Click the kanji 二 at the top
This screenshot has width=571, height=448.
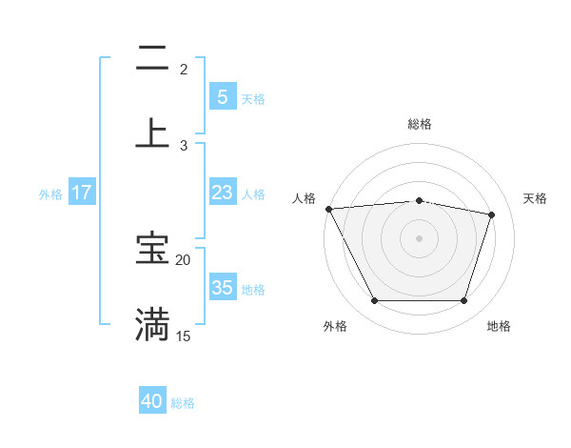coord(152,58)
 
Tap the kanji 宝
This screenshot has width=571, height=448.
coord(152,249)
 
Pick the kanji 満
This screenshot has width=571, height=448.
coord(152,324)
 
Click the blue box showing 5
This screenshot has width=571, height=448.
coord(222,96)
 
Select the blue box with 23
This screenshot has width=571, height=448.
coord(222,193)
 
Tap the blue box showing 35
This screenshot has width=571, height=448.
coord(222,288)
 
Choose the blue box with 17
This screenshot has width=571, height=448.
coord(82,193)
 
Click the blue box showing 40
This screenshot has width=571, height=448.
coord(152,402)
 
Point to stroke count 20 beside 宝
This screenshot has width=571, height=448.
coord(184,259)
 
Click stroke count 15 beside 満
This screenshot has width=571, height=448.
coord(184,336)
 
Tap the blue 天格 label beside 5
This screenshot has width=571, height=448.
coord(253,98)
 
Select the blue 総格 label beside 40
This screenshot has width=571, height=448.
coord(184,403)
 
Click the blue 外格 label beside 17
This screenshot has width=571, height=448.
coord(50,193)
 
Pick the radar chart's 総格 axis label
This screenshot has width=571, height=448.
coord(420,124)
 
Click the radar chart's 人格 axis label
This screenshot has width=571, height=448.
coord(305,198)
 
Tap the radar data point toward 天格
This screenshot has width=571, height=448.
coord(492,214)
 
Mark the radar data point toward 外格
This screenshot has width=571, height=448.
coord(374,301)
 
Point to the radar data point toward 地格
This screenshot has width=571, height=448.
coord(464,301)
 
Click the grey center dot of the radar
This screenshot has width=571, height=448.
coord(420,237)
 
